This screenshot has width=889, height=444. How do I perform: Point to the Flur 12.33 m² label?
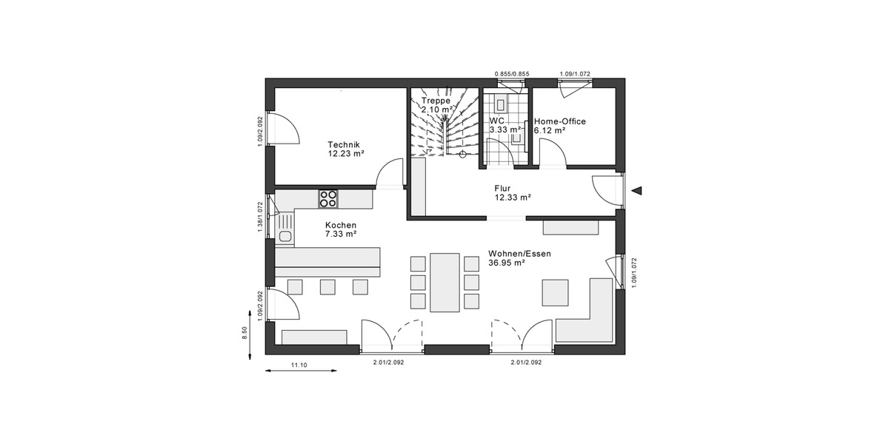[513, 193]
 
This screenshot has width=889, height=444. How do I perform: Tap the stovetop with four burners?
[328, 198]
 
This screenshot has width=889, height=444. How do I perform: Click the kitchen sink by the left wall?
[285, 236]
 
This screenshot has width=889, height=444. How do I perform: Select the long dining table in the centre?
[445, 282]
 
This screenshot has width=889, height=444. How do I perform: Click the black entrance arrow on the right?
[636, 192]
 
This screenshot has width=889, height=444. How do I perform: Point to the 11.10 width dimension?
[299, 365]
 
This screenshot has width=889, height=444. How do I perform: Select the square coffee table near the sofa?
[556, 292]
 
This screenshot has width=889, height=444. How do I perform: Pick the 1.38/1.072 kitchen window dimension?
[260, 218]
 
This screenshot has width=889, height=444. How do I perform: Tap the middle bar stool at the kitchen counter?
[327, 286]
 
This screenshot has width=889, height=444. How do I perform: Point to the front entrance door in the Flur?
[607, 190]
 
